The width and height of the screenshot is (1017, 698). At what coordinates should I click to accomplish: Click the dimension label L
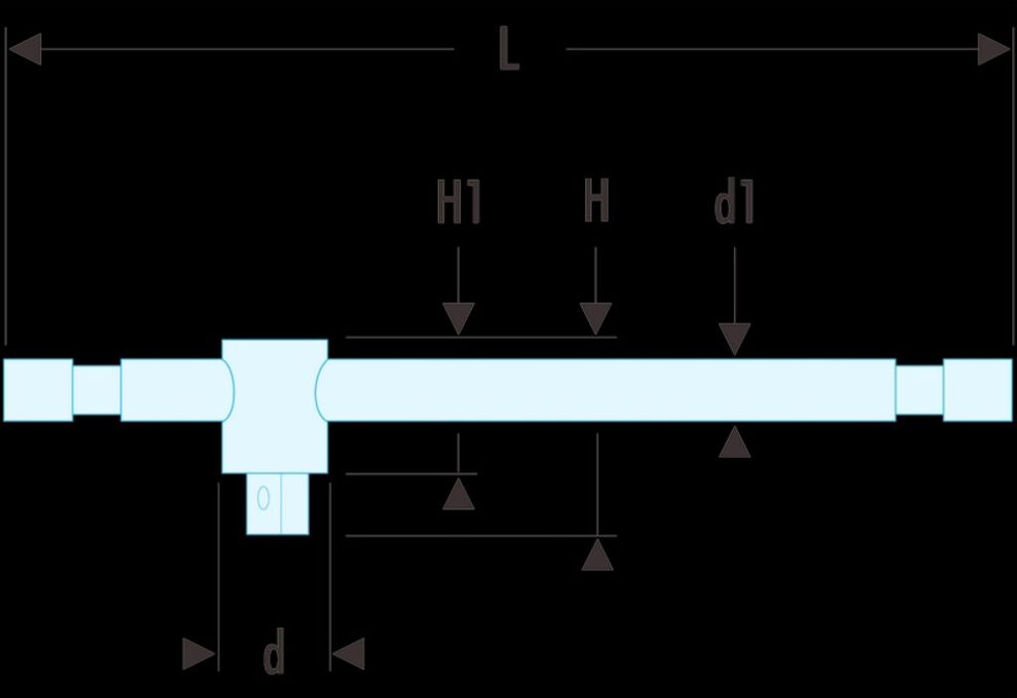coord(508,49)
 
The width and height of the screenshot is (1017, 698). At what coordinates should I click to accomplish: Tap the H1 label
coord(459,202)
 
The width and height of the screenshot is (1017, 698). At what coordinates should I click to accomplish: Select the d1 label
coord(734,202)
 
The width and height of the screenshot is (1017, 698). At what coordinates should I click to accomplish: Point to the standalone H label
coord(597,201)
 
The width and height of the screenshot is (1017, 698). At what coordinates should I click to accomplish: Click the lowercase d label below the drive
coord(274,651)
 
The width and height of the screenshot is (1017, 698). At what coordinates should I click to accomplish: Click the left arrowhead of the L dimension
coord(25,50)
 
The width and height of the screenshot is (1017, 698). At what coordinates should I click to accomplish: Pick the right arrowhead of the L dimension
coord(994,50)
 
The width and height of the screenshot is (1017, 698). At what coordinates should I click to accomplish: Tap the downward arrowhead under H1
coord(459,319)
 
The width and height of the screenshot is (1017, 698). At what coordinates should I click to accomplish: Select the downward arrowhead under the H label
coord(596,319)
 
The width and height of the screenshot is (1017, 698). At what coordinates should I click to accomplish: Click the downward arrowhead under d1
coord(735,339)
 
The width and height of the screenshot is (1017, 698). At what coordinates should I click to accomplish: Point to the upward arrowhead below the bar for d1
coord(735,442)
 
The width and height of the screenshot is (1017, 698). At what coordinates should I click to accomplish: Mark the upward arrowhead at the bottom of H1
coord(459,493)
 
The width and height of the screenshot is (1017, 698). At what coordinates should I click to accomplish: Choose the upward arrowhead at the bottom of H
coord(597,555)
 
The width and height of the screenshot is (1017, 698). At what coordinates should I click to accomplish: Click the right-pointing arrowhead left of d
coord(199,654)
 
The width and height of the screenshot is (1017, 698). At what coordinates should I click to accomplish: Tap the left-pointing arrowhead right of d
coord(349,654)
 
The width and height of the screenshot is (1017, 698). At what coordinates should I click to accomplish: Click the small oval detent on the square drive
coord(263,498)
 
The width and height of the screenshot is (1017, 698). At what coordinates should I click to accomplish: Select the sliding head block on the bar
coord(274,406)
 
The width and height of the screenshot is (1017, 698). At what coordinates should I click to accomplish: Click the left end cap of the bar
coord(39,390)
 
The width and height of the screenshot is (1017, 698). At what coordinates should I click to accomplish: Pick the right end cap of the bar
coord(977,390)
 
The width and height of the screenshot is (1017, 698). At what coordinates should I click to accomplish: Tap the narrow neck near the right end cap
coord(919,390)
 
